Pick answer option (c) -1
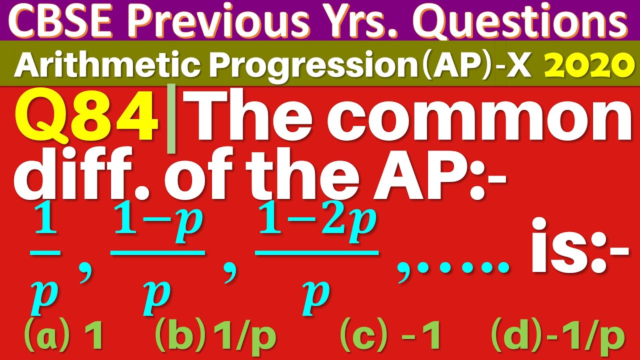coord(390,336)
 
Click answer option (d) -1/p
coord(557,336)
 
